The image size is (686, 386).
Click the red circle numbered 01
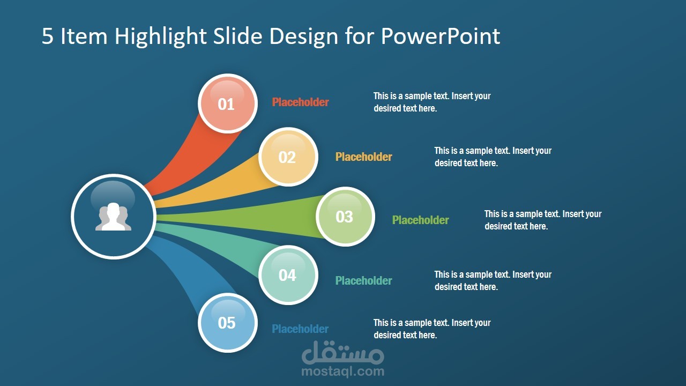coord(226,103)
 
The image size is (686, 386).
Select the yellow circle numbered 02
coord(288,157)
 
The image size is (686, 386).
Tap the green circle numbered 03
coord(345,216)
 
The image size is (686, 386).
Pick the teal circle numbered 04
coord(288,275)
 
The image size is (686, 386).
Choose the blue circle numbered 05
coord(227,323)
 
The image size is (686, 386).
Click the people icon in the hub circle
coord(113,217)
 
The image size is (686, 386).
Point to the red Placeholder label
coord(300,102)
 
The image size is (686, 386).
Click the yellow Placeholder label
coord(363,157)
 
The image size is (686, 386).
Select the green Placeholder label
coord(420,220)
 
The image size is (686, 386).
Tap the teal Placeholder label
coord(363,280)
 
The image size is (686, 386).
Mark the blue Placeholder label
coord(300,329)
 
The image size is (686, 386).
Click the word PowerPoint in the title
coord(441,36)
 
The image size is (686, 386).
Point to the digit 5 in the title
coord(48,36)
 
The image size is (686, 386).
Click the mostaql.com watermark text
coord(343,371)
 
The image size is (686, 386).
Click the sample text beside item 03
coord(542,220)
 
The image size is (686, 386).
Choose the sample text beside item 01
coord(431,102)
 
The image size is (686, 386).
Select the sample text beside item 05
coord(431,329)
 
